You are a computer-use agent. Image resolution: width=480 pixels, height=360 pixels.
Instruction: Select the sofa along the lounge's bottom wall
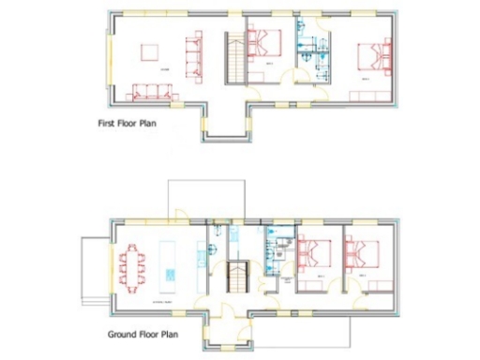152,91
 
